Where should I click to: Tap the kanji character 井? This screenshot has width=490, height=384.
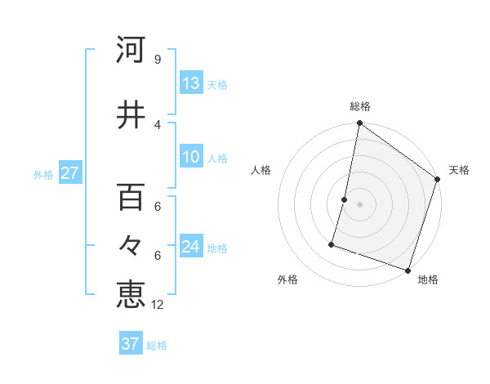131,115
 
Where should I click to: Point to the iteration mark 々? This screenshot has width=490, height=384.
131,245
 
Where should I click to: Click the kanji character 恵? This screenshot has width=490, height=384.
131,293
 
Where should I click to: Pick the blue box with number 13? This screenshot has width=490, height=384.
191,84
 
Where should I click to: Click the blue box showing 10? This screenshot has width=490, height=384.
191,158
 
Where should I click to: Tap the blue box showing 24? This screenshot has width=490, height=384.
191,248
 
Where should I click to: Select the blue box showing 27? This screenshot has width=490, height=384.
70,174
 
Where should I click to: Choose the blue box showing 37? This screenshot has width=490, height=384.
131,344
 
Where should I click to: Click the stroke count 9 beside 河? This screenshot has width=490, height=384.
157,60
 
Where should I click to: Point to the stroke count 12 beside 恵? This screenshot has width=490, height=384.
158,305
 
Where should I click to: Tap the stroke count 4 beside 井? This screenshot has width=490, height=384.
158,125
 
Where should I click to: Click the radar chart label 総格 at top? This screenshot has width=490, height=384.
360,106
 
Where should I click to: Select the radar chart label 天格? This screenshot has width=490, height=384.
459,170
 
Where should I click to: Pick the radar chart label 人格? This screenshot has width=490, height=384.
261,170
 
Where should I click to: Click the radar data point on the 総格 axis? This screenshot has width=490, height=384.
359,124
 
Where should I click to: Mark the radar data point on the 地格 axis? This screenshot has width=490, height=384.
408,270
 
